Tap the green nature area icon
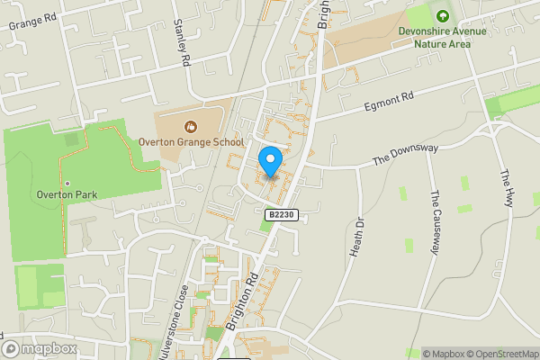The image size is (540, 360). pos(441,15)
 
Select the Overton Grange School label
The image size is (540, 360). pos(190,142)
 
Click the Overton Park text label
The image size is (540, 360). pos(67,195)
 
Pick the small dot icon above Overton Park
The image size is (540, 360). pos(67,184)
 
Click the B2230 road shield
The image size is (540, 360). pos(281,215)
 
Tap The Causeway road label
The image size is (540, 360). pos(436,222)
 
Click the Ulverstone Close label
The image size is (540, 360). pos(185,315)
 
